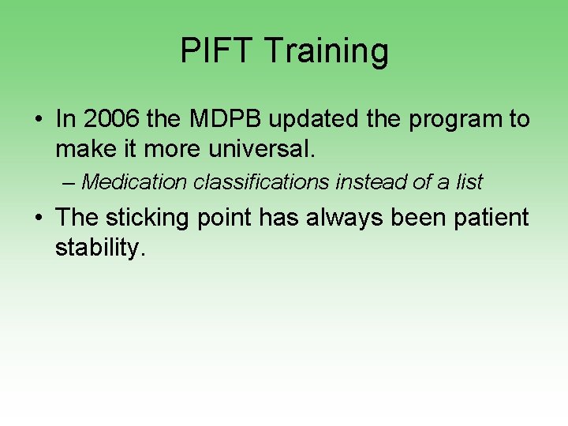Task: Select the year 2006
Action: pyautogui.click(x=108, y=119)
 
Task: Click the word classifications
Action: pyautogui.click(x=261, y=182)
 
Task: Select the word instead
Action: pyautogui.click(x=371, y=182)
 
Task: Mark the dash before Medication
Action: pyautogui.click(x=69, y=183)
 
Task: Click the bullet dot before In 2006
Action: pyautogui.click(x=38, y=121)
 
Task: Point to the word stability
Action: pyautogui.click(x=101, y=247)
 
